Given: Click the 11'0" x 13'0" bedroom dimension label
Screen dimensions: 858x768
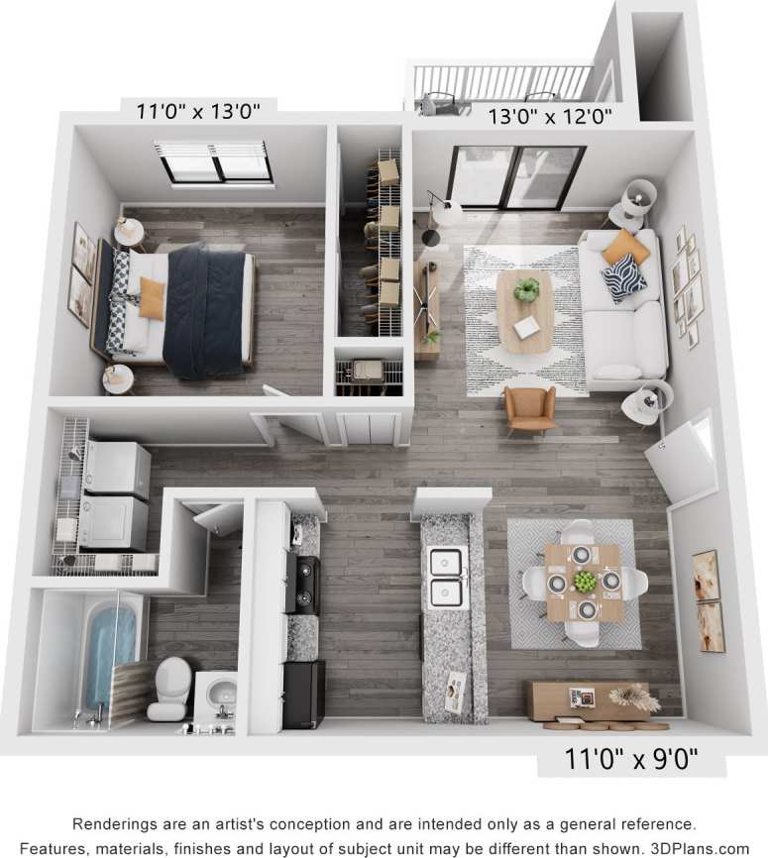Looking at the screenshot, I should [x=198, y=111].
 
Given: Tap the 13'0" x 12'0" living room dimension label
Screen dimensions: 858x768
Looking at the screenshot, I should [x=549, y=116].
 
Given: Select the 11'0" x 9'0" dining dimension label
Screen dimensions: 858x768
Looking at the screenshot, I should [x=631, y=760].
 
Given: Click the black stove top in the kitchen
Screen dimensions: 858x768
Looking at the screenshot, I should [x=306, y=584].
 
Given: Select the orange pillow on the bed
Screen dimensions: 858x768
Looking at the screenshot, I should [x=152, y=298].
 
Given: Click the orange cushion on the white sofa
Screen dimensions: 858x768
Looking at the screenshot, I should [x=625, y=248].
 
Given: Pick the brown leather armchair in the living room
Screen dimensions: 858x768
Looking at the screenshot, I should [x=530, y=407].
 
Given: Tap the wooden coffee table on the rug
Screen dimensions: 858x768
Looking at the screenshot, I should [x=525, y=310].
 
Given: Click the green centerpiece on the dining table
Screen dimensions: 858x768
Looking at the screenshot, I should [x=585, y=582].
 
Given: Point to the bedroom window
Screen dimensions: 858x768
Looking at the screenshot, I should [x=215, y=161].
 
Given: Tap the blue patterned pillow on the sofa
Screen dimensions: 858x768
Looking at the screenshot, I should [x=623, y=276].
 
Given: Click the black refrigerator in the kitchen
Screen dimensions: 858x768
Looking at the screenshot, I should [x=304, y=694].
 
